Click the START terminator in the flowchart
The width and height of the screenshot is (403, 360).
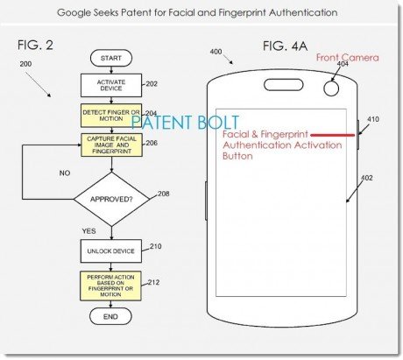(111, 58)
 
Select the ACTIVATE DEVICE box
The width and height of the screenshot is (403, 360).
(111, 85)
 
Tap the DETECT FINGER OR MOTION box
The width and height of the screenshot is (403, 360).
(111, 116)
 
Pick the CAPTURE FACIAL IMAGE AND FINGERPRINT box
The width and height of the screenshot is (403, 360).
(111, 145)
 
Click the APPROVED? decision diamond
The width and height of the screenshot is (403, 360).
(111, 199)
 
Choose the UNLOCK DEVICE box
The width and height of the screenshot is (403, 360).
(111, 251)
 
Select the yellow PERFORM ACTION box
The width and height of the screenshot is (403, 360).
(110, 286)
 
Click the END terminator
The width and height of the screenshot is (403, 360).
(110, 316)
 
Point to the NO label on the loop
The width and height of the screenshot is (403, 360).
(65, 173)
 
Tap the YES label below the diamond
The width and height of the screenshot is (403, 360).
(88, 231)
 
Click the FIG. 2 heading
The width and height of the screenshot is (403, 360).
(35, 46)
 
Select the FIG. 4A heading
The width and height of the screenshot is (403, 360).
(285, 46)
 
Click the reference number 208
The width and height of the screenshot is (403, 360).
(164, 194)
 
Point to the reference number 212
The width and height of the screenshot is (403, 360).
(153, 282)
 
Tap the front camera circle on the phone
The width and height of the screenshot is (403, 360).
(331, 88)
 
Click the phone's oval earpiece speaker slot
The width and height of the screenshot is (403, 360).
(284, 85)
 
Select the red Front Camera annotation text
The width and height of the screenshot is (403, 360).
(348, 58)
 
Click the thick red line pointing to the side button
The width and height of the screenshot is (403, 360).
(333, 135)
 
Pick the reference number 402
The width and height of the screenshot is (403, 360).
(367, 178)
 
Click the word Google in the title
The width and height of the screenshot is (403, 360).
(74, 13)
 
